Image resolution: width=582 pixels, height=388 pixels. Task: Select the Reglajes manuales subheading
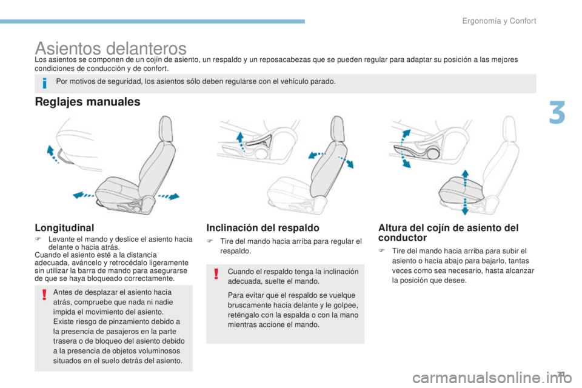pos(88,102)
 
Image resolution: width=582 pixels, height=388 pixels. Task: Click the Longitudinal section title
pos(65,227)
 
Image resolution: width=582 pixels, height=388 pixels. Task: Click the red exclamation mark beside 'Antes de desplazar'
pos(44,295)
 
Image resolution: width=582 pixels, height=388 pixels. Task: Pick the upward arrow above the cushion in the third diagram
pos(464,176)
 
